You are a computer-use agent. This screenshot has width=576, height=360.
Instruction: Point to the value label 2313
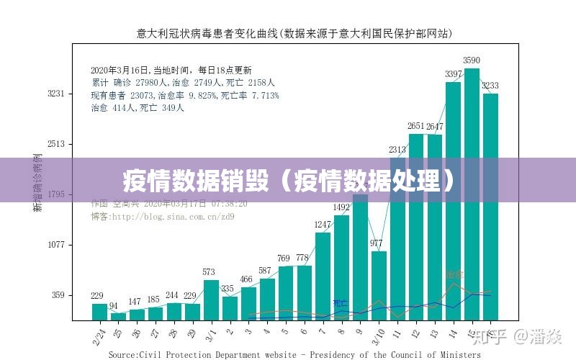point(397,150)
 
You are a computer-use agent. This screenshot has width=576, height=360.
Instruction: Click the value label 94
point(113,306)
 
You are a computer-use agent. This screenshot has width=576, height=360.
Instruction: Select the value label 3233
point(490,86)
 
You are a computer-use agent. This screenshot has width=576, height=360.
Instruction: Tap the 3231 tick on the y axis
point(56,94)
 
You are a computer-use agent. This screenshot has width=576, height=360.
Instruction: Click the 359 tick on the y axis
point(58,295)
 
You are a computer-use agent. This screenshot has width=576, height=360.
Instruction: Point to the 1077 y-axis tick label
point(56,245)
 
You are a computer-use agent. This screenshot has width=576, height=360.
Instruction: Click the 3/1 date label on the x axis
point(211,334)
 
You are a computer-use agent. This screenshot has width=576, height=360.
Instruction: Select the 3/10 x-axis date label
point(377,336)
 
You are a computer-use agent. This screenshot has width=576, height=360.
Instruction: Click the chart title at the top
point(294,33)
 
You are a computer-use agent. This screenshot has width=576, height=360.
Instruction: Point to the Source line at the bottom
point(294,354)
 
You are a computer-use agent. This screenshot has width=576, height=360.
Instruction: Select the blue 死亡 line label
point(339,303)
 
